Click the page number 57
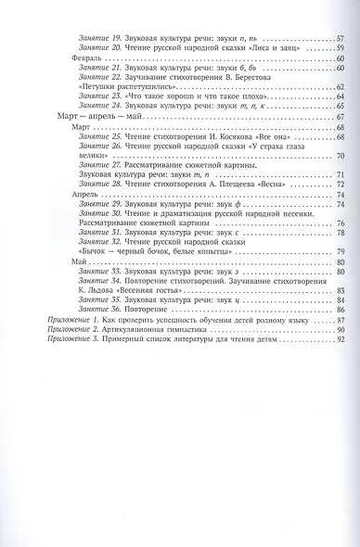(x=341, y=39)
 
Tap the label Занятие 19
(x=98, y=39)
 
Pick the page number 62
(x=341, y=87)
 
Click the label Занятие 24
(x=98, y=107)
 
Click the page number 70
(x=341, y=156)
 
